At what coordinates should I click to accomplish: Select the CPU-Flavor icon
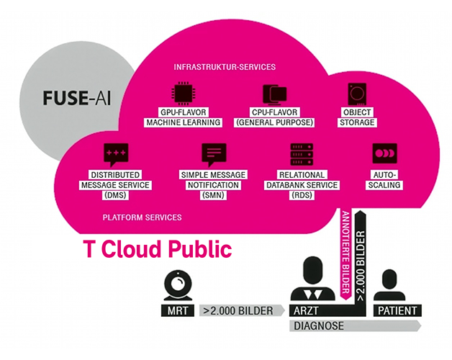[x=274, y=94]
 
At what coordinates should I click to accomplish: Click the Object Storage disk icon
[x=357, y=94]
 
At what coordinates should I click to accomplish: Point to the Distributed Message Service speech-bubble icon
[x=114, y=154]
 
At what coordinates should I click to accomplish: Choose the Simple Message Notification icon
[x=213, y=154]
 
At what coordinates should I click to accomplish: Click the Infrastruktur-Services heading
[x=225, y=67]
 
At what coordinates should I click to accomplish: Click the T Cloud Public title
[x=158, y=249]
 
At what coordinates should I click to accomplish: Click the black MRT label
[x=177, y=311]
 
